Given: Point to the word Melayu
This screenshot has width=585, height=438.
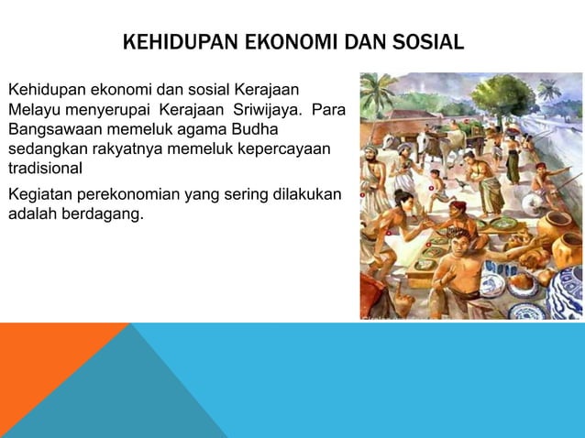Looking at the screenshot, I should click(34, 111).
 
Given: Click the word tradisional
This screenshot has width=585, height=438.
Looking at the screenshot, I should click(45, 169).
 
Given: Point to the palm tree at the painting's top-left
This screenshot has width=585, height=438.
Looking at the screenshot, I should click(376, 92).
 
